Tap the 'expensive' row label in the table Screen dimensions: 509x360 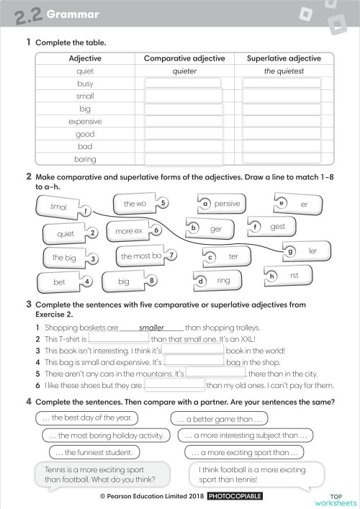pyautogui.click(x=85, y=122)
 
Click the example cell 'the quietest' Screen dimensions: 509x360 pyautogui.click(x=281, y=71)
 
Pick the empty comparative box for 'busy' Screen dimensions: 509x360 pyautogui.click(x=184, y=84)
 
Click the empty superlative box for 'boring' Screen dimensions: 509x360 pyautogui.click(x=281, y=159)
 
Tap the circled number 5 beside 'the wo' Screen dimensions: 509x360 pyautogui.click(x=163, y=204)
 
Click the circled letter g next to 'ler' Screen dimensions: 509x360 pyautogui.click(x=289, y=252)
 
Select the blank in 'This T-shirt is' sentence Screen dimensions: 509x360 pyautogui.click(x=118, y=338)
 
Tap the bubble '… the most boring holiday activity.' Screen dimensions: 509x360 pyautogui.click(x=107, y=436)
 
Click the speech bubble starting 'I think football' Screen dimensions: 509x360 pyautogui.click(x=252, y=474)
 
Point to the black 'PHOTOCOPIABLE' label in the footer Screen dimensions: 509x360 pyautogui.click(x=235, y=497)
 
